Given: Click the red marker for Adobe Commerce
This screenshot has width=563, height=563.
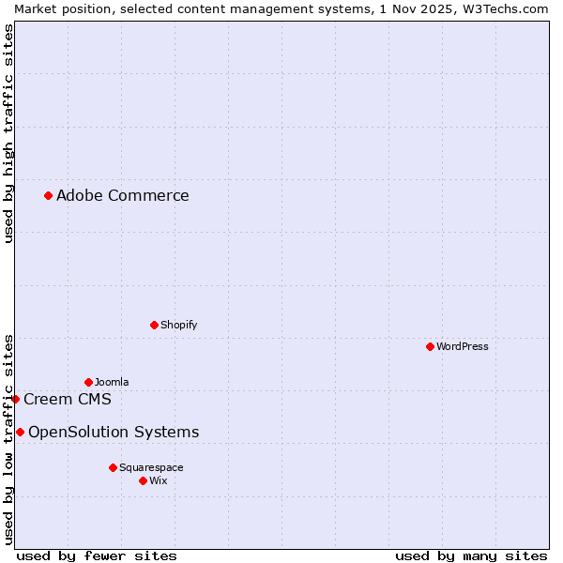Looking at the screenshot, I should [x=48, y=195].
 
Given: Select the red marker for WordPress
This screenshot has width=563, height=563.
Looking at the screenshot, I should [x=430, y=346].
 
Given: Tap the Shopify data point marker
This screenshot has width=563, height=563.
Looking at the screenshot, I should [x=154, y=325].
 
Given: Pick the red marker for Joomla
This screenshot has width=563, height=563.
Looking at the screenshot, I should [x=88, y=382].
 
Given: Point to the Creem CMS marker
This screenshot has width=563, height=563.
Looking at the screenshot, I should [x=15, y=399].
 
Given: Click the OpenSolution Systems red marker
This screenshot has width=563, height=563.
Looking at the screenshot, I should [x=20, y=432].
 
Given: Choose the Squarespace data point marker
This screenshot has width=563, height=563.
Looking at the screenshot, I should [x=113, y=467].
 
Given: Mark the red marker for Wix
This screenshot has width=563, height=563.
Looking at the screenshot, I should [x=143, y=480].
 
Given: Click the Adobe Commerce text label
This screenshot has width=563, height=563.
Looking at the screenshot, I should [x=122, y=195].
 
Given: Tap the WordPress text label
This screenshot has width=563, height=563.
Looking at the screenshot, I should [x=463, y=346].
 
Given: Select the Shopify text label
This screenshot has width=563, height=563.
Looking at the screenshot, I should [x=178, y=325].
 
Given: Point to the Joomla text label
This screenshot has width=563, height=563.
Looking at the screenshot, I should [x=112, y=382].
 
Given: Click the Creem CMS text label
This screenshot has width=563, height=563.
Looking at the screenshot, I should [x=68, y=399].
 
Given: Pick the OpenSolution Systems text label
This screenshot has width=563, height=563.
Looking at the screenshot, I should [x=114, y=432].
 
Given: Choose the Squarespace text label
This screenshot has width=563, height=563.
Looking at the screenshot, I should [x=151, y=467].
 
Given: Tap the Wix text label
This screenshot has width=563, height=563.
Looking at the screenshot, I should [x=159, y=480].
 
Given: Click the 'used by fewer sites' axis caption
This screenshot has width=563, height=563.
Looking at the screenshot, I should [x=97, y=555].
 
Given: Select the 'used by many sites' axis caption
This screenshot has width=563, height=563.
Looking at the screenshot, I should [x=471, y=555].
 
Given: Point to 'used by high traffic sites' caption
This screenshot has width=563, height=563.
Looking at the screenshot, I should [x=8, y=134].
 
